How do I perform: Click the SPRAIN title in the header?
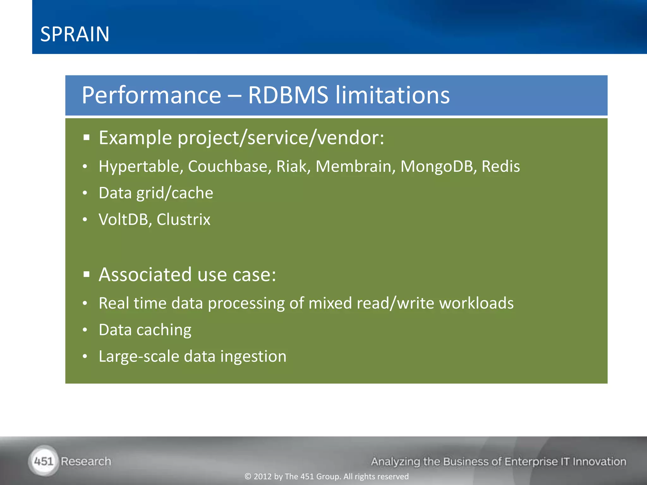pyautogui.click(x=75, y=34)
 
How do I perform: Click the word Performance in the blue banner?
pyautogui.click(x=151, y=95)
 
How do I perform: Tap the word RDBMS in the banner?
pyautogui.click(x=288, y=95)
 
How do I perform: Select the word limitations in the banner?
pyautogui.click(x=392, y=95)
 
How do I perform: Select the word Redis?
pyautogui.click(x=500, y=166)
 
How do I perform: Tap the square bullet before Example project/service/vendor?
pyautogui.click(x=87, y=138)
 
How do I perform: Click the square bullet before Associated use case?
pyautogui.click(x=87, y=275)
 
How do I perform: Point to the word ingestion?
pyautogui.click(x=253, y=356)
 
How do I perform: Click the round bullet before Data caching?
pyautogui.click(x=85, y=330)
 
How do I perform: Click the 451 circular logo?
pyautogui.click(x=44, y=461)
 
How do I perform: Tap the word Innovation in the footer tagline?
pyautogui.click(x=599, y=462)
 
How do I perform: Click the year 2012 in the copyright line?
pyautogui.click(x=263, y=476)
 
